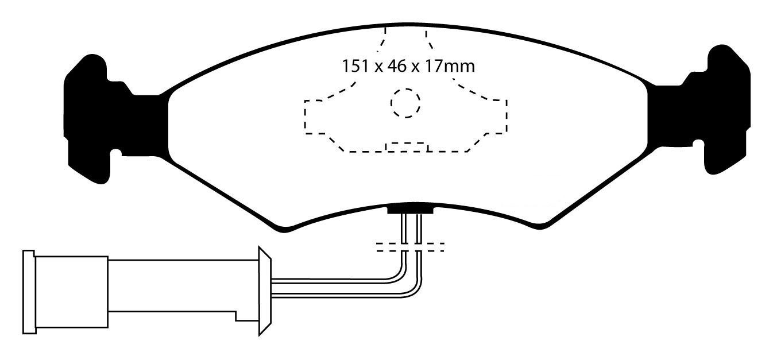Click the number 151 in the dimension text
(x=355, y=66)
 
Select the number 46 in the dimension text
(x=397, y=66)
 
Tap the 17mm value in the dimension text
(x=450, y=66)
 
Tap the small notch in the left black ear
(x=117, y=153)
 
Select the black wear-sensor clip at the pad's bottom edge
(x=410, y=210)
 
